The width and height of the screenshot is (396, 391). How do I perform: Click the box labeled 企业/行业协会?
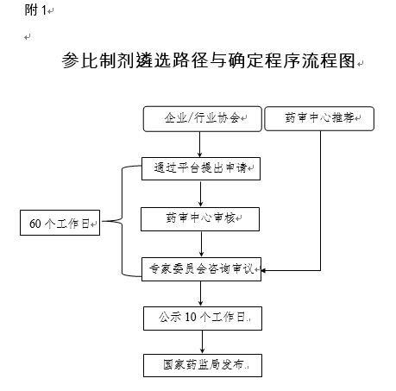point(203,119)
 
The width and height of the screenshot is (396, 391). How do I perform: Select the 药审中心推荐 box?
point(319,118)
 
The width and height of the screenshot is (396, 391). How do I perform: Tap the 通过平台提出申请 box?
point(201,168)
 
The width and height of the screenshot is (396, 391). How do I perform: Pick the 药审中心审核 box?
point(200,219)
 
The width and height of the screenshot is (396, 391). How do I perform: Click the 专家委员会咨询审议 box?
point(201,269)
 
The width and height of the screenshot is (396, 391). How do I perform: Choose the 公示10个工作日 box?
point(203,318)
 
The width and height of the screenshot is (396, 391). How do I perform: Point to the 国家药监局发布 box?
point(203,365)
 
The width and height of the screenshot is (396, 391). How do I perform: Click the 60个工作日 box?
point(60,223)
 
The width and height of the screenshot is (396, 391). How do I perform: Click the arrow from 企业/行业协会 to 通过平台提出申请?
point(200,144)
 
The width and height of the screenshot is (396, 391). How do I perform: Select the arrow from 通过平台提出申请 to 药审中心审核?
point(201,193)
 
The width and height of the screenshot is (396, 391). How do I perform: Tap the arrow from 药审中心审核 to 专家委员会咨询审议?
point(201,244)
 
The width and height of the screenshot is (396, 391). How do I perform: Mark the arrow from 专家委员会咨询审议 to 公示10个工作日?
point(201,293)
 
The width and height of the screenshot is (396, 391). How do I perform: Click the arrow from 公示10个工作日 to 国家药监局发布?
point(203,342)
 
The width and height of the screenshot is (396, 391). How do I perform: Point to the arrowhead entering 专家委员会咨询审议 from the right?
point(263,270)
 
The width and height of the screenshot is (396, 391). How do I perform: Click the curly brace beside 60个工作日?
point(122,221)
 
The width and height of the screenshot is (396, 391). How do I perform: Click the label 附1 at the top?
point(35,10)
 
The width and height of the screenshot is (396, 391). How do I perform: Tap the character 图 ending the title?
point(347,60)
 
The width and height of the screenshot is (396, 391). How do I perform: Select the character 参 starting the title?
point(71,60)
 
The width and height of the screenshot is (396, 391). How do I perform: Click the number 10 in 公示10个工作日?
point(191,317)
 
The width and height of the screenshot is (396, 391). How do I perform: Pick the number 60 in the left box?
point(35,224)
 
